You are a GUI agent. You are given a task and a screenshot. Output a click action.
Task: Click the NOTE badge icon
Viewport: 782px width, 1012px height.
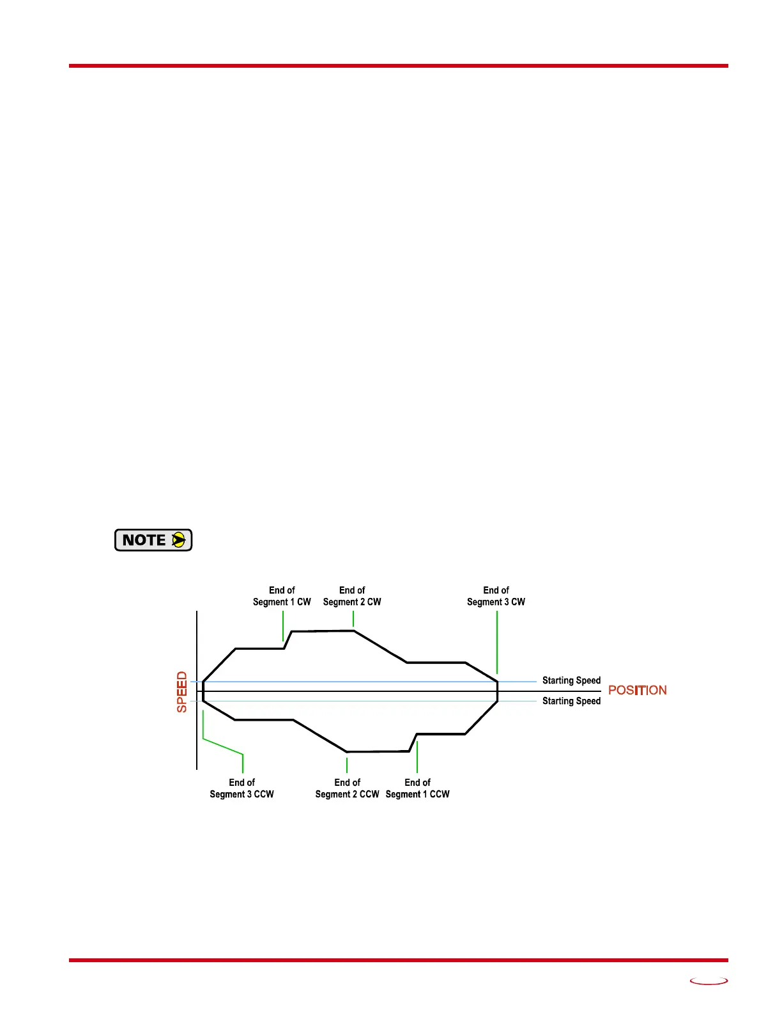point(153,540)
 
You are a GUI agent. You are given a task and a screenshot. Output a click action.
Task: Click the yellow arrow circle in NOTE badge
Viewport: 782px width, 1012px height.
point(179,540)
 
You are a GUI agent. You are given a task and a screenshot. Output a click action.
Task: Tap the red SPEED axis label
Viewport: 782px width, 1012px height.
point(182,692)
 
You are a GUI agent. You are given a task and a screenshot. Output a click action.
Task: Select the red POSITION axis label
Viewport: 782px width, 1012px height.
point(637,690)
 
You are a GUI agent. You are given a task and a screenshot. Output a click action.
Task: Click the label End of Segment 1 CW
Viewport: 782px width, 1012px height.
point(282,596)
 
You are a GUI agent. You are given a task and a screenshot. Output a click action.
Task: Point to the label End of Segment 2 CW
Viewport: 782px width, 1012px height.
point(352,596)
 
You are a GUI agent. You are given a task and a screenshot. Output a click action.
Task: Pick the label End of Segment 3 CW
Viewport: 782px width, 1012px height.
point(496,596)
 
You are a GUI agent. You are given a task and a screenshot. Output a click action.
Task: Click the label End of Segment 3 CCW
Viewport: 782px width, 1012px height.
point(241,788)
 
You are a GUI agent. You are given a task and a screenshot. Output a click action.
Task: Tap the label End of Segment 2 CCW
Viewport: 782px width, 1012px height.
point(347,788)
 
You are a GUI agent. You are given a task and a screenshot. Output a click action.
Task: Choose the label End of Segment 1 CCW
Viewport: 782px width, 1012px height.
point(417,788)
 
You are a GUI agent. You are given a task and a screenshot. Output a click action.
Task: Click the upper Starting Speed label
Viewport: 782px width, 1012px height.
point(571,680)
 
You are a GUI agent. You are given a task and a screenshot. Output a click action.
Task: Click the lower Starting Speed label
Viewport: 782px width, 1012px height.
point(571,701)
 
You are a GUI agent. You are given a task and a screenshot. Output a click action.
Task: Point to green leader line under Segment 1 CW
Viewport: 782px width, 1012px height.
point(283,625)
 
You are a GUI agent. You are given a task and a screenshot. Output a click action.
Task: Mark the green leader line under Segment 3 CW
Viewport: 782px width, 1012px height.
point(497,642)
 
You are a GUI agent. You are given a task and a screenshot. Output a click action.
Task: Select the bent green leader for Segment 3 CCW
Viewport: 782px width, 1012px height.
point(222,746)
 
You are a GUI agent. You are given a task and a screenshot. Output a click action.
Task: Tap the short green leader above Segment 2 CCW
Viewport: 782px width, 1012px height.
point(347,765)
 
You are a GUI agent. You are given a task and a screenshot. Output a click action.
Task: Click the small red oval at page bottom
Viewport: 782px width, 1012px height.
point(709,981)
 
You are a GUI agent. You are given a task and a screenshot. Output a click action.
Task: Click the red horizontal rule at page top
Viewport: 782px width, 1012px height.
point(398,66)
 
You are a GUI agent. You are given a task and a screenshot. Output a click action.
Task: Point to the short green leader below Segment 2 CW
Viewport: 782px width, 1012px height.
point(353,618)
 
